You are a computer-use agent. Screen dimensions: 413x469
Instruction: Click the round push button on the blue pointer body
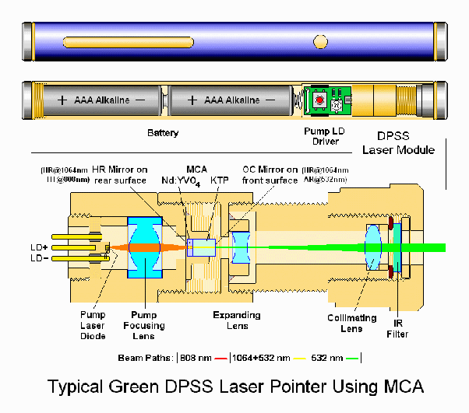320,41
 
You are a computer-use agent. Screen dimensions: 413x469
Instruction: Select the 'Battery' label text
163,133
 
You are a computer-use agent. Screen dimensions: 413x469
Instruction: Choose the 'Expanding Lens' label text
235,320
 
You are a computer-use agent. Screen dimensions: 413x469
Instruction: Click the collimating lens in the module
372,248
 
